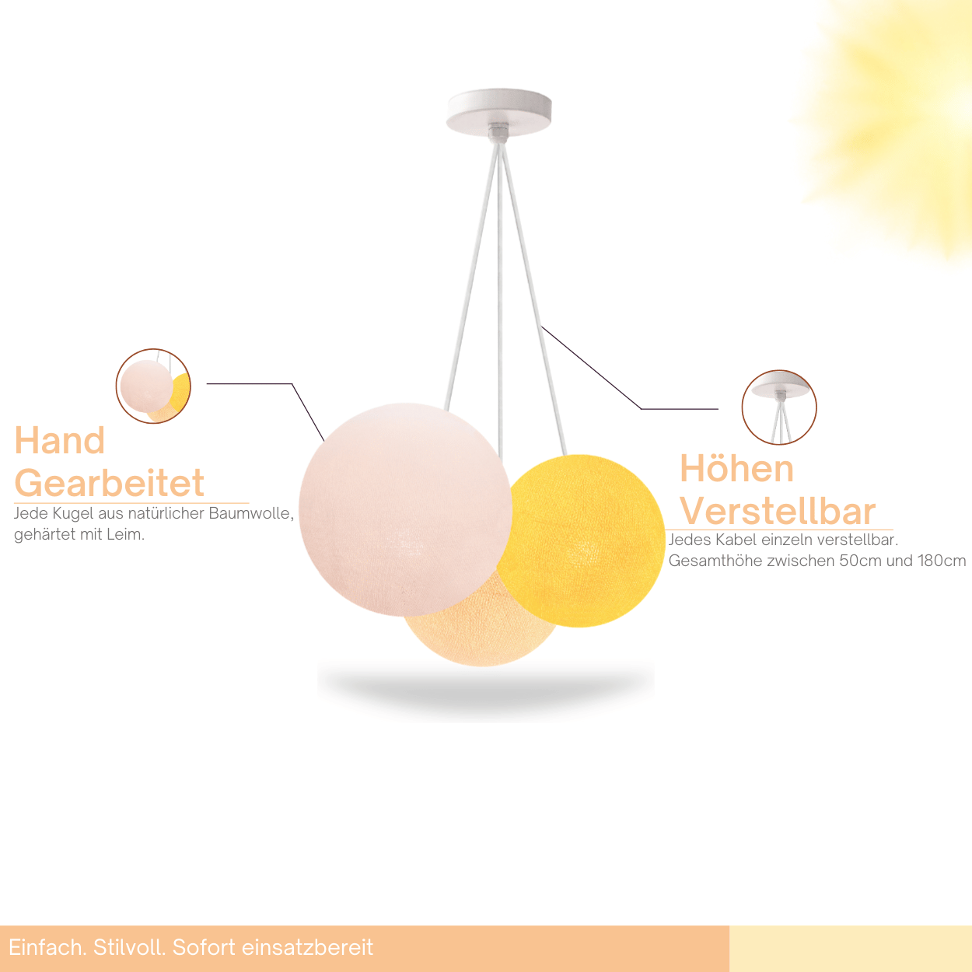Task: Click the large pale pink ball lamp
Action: tap(406, 509)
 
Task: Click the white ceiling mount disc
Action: tap(499, 112)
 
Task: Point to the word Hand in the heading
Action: tap(60, 440)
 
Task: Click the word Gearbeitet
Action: tap(109, 483)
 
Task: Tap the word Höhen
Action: tap(736, 469)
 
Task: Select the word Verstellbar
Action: tap(778, 512)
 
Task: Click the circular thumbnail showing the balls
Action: tap(153, 386)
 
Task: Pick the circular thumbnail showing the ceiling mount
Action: tap(779, 407)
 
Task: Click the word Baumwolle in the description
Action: tap(251, 513)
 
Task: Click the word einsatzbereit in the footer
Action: tap(308, 947)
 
